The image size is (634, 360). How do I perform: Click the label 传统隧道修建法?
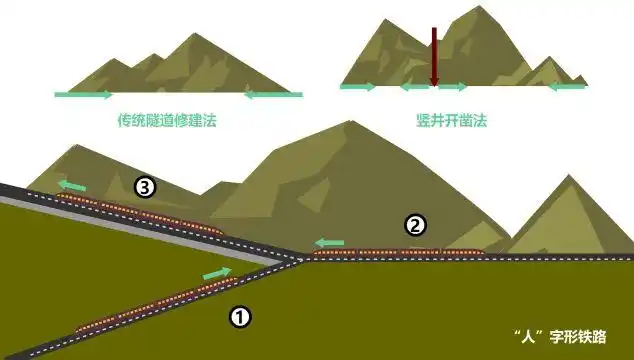pos(167,120)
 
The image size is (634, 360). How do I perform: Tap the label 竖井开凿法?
pos(451,120)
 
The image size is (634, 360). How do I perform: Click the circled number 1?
pos(240,317)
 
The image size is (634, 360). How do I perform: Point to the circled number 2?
pos(415,225)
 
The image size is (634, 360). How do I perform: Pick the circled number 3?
pos(146,186)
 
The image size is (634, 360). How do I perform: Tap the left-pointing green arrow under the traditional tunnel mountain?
pos(273,95)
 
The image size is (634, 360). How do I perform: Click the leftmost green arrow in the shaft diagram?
pos(358,87)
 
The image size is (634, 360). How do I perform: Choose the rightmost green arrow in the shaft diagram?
pos(567,87)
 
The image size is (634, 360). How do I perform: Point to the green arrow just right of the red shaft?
pos(453,87)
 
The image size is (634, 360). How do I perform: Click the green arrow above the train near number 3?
pos(71,185)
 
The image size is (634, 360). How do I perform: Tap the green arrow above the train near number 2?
pos(328,242)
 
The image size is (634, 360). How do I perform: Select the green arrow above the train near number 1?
pos(216,272)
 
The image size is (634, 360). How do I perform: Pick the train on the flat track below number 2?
pos(400,252)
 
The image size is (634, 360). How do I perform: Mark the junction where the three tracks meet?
pos(301,258)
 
